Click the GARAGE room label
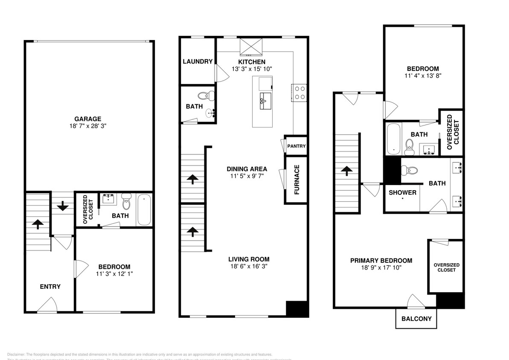(x=88, y=119)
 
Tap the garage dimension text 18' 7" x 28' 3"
(x=88, y=126)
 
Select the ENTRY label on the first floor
(x=50, y=287)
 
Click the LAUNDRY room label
(x=198, y=61)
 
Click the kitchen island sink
(x=263, y=100)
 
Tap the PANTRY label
(x=296, y=146)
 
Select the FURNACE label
(x=297, y=180)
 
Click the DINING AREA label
(x=247, y=169)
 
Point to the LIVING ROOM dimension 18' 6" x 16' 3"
(x=249, y=267)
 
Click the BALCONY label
(x=416, y=319)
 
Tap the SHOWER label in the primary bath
(x=402, y=192)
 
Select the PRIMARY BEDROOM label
(x=381, y=261)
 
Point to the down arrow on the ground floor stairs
(x=63, y=206)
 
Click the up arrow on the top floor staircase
(x=346, y=171)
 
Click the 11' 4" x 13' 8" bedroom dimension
(x=422, y=76)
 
